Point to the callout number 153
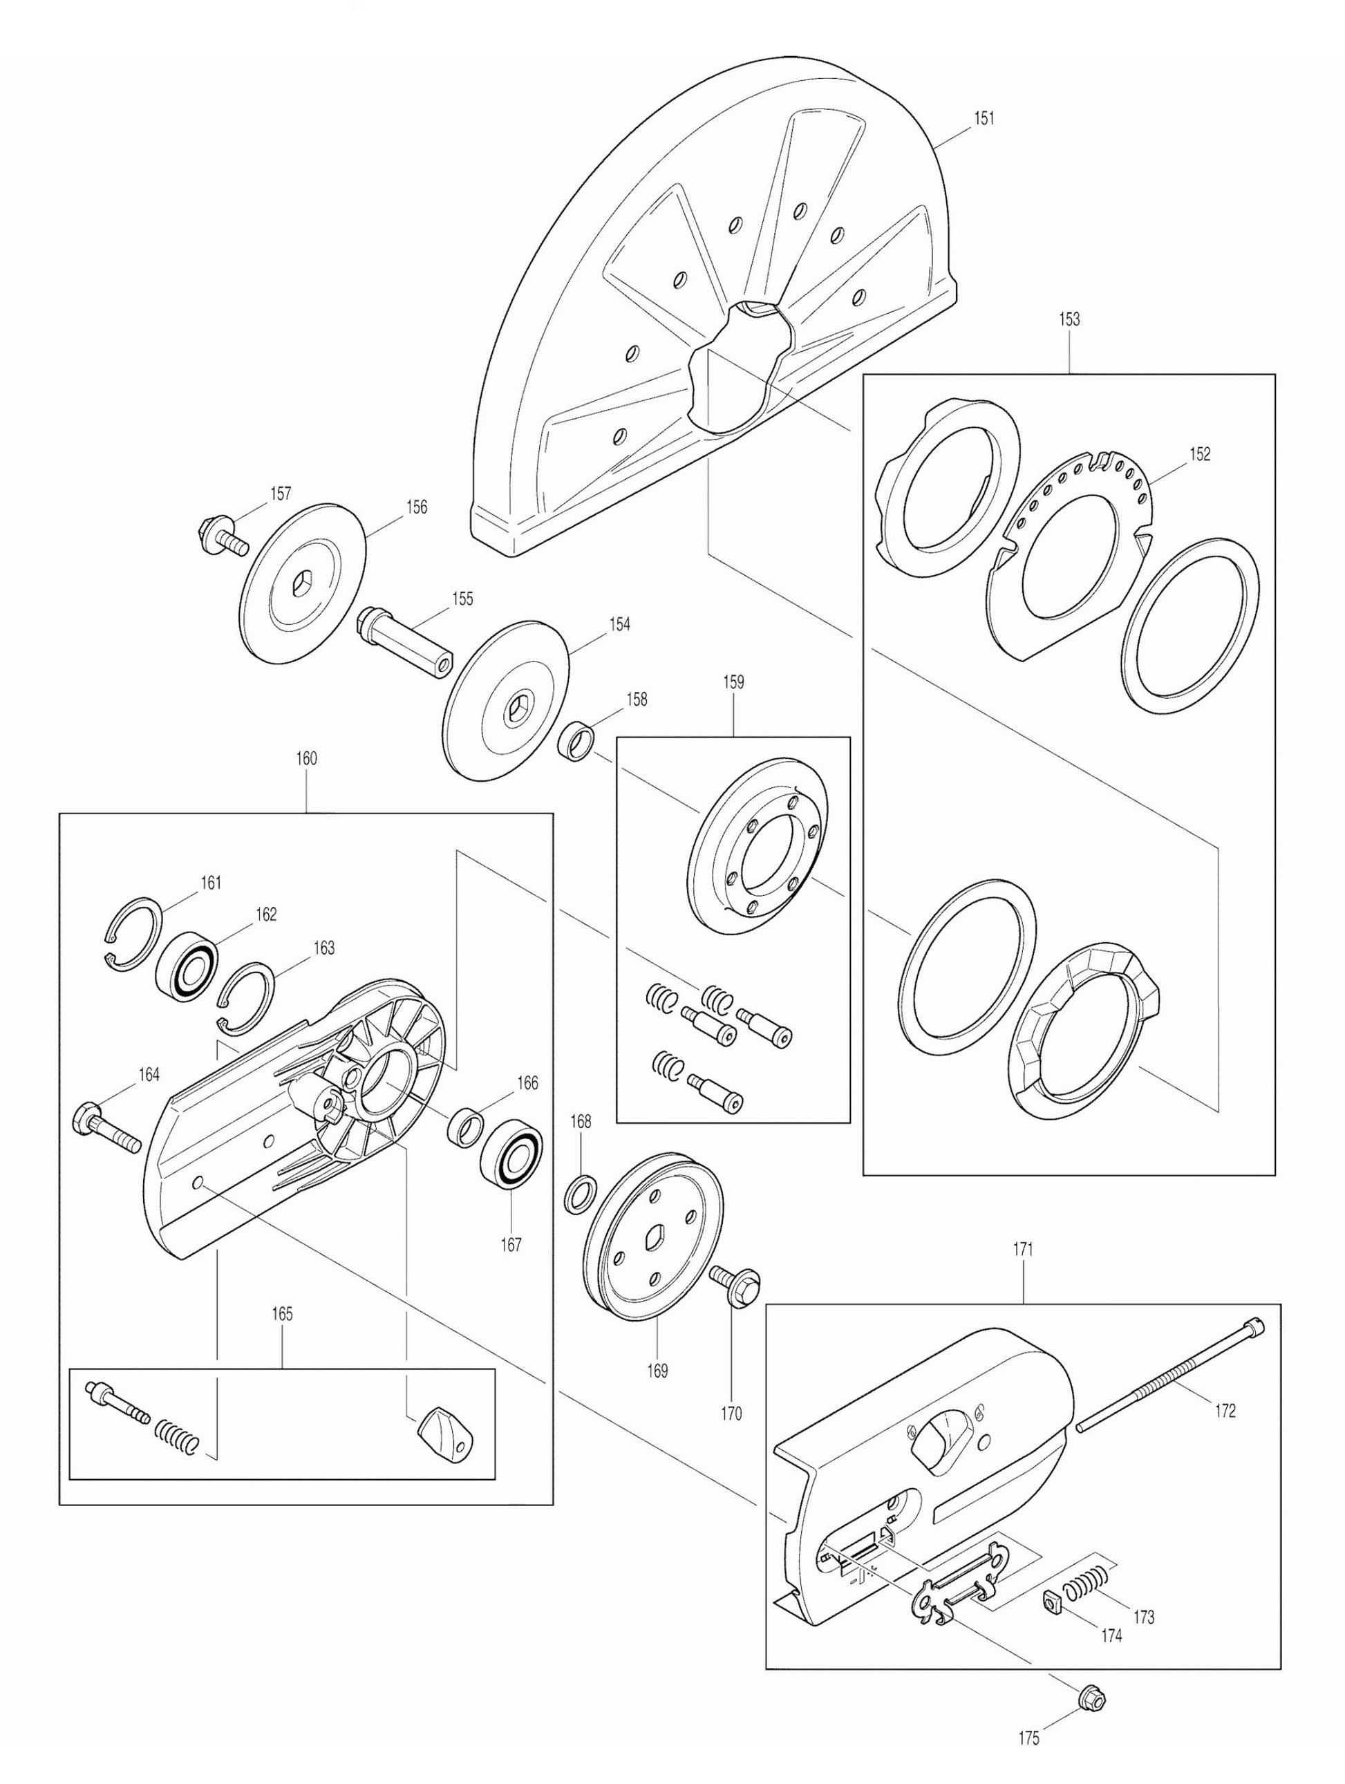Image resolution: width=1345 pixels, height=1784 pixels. [1069, 319]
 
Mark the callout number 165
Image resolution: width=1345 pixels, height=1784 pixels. [281, 1314]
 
